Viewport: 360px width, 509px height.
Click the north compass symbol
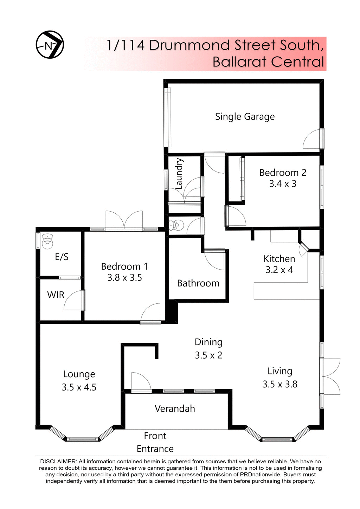(50, 45)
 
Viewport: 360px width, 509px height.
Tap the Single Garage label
(245, 117)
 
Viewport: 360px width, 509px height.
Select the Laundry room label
(179, 174)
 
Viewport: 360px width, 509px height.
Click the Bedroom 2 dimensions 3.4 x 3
(283, 184)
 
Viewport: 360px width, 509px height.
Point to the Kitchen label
(279, 259)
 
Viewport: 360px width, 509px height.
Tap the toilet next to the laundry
(176, 224)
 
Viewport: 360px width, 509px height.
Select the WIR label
(56, 295)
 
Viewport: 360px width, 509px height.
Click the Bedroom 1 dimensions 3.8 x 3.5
(124, 278)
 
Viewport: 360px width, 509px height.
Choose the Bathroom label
(198, 283)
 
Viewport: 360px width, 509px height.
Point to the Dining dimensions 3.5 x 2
(208, 355)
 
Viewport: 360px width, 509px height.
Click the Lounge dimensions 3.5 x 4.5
(79, 387)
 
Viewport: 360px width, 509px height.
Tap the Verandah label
(175, 408)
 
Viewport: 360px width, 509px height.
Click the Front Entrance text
(155, 442)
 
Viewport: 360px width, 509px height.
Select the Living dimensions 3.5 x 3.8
(280, 384)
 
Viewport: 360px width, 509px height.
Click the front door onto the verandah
(141, 382)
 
